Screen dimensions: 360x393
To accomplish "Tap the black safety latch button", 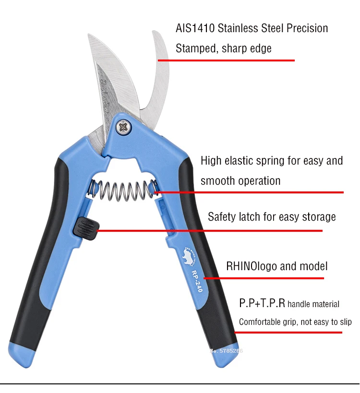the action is [x=85, y=226].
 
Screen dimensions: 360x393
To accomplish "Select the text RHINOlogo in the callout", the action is [x=252, y=266].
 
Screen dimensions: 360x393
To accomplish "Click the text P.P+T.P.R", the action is [x=262, y=303].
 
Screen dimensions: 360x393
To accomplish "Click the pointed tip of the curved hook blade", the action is [x=155, y=33].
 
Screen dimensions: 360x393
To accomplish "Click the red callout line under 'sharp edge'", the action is [x=226, y=60].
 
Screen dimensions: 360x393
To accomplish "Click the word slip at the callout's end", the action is [x=344, y=322].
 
